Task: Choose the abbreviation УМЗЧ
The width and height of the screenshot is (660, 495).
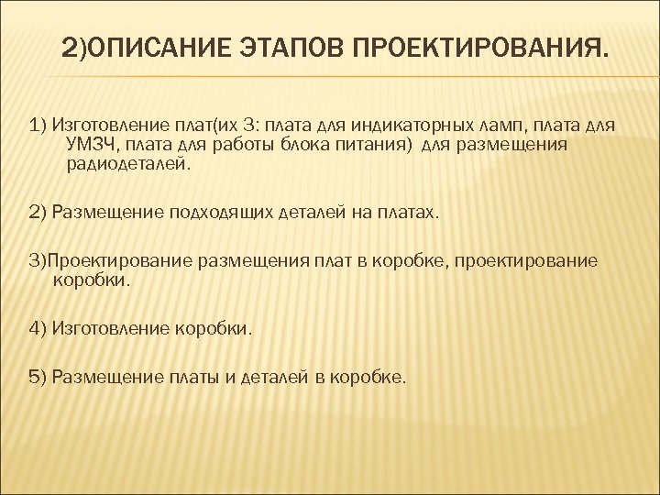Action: coord(92,144)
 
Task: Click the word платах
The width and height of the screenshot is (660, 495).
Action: coord(406,213)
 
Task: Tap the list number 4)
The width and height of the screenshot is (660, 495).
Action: coord(39,327)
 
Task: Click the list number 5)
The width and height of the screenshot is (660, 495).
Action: coord(39,376)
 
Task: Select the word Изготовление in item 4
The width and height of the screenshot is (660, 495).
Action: coord(111,327)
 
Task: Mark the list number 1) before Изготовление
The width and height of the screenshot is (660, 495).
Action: coord(39,124)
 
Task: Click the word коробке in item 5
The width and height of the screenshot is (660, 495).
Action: coord(366,376)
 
